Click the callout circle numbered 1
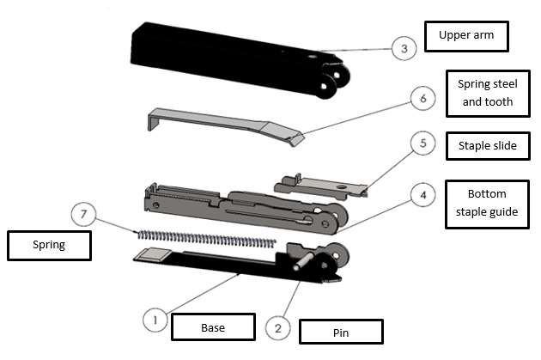155,320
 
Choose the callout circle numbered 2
277,327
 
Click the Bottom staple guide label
486,204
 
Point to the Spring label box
49,245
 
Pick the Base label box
213,327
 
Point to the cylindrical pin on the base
301,263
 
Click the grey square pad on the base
152,254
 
